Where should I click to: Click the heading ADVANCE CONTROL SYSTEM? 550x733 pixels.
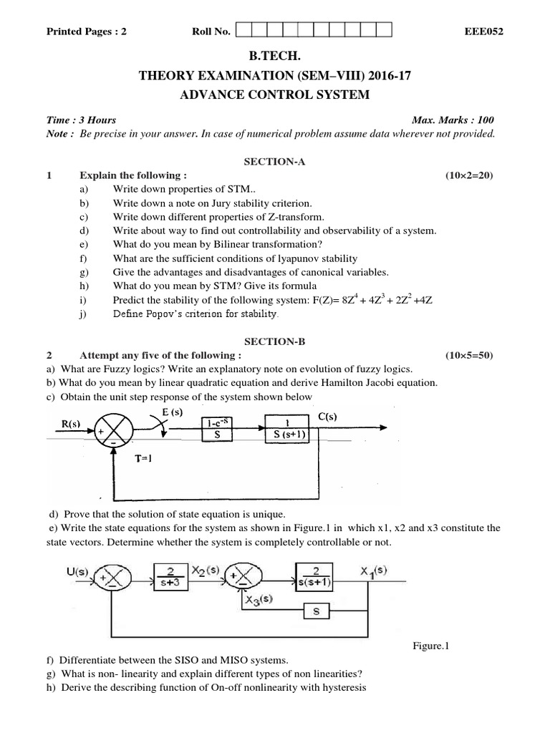click(x=274, y=94)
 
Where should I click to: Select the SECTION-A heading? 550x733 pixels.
click(x=274, y=162)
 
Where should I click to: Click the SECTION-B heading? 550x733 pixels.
click(x=274, y=342)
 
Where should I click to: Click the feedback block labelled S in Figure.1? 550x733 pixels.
click(x=316, y=612)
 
